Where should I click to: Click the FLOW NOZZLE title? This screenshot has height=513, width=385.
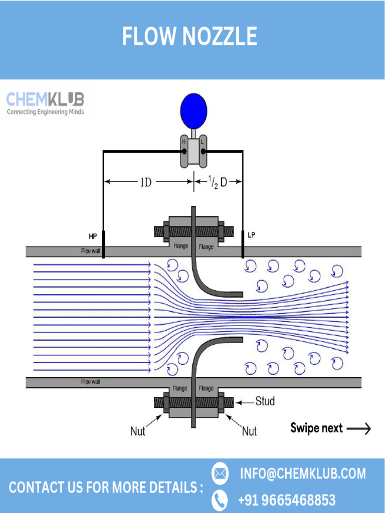(189, 36)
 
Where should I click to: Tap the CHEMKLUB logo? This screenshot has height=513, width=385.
(46, 104)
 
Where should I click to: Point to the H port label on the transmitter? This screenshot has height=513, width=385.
(184, 142)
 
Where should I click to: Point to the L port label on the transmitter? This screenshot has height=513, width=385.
(202, 142)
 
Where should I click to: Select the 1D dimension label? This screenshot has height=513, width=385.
(145, 182)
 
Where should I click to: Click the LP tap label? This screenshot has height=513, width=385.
(252, 234)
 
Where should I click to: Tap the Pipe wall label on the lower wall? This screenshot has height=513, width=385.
(90, 382)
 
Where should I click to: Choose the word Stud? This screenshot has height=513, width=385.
(265, 401)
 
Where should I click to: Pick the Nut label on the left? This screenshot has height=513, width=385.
(138, 431)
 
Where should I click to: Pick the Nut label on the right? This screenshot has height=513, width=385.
(249, 431)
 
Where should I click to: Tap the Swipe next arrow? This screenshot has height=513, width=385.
(358, 428)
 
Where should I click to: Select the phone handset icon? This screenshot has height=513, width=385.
(220, 500)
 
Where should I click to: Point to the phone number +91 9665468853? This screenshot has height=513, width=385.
(287, 500)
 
